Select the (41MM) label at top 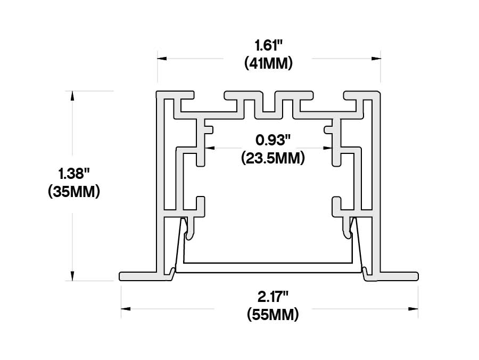(x=268, y=64)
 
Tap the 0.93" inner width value (x=272, y=140)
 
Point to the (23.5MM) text (x=272, y=158)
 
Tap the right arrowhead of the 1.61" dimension (x=376, y=58)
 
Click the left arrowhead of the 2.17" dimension (x=126, y=308)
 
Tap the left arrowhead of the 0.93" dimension (x=210, y=148)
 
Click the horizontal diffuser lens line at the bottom (x=269, y=263)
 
